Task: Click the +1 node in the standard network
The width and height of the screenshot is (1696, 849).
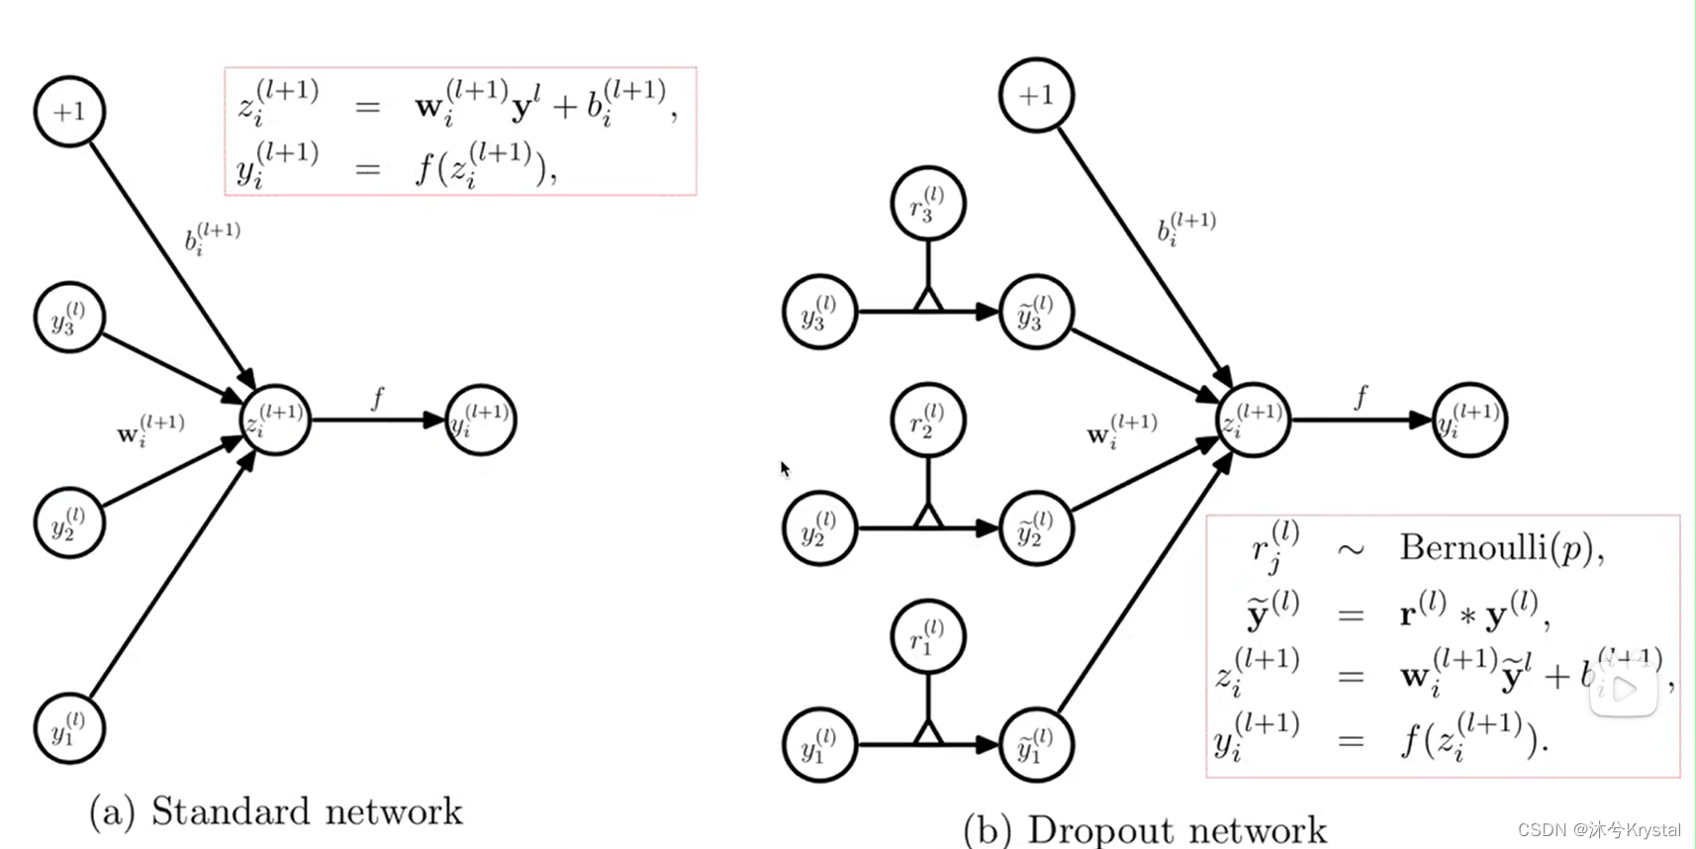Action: click(69, 112)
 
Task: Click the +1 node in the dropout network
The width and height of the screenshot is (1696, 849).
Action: click(1036, 95)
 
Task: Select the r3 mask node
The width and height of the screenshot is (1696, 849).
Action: click(927, 204)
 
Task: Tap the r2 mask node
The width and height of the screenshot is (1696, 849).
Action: click(927, 421)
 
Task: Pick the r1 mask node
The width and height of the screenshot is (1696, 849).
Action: click(927, 637)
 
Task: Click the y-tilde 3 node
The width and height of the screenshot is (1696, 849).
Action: click(1035, 312)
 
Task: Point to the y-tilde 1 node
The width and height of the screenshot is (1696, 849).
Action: click(1035, 745)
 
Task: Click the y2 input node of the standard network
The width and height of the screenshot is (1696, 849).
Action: click(69, 522)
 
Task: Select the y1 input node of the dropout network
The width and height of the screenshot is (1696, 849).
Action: click(819, 745)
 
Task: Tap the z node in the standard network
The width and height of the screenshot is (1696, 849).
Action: click(275, 420)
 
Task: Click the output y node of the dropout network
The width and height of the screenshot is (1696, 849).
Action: click(1469, 420)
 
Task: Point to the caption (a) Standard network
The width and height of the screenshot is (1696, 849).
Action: click(276, 811)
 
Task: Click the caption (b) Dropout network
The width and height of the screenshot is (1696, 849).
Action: click(1145, 829)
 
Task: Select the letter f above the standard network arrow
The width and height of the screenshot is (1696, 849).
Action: click(377, 398)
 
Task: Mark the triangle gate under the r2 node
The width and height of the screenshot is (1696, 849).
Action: click(927, 516)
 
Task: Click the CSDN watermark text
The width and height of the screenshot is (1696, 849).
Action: click(1599, 829)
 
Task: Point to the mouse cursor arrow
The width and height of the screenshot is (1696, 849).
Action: click(785, 469)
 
